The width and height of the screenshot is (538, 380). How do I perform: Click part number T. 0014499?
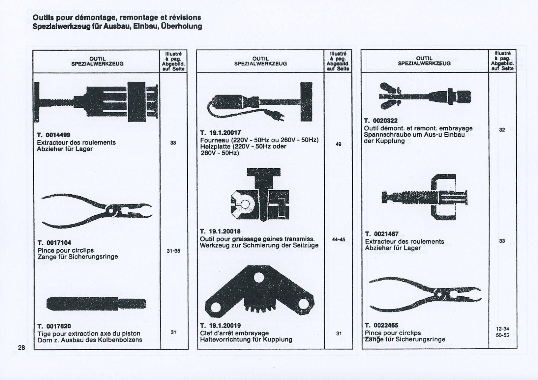click(x=53, y=135)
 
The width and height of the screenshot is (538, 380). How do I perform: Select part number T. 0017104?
click(x=54, y=243)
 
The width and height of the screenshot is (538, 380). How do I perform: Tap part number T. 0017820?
click(x=54, y=326)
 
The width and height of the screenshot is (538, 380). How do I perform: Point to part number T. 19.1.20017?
click(x=221, y=133)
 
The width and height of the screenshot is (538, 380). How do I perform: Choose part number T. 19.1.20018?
click(x=221, y=231)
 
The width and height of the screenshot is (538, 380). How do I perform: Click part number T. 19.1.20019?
click(x=221, y=326)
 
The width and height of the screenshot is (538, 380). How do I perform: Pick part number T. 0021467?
click(x=382, y=234)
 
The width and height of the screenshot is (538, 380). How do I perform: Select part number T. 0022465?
click(x=382, y=325)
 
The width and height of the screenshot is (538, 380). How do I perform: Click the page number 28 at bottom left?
click(x=22, y=348)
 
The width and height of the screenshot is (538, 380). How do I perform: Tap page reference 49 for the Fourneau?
click(x=338, y=144)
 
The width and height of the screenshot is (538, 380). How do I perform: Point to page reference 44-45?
click(x=338, y=239)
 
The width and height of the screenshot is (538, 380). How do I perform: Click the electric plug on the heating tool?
click(x=278, y=117)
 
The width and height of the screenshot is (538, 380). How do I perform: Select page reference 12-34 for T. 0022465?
click(x=502, y=329)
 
